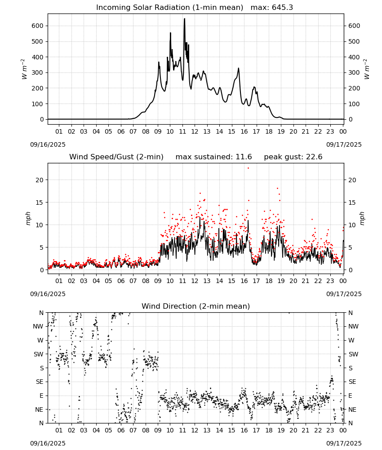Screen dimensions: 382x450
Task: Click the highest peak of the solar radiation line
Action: pyautogui.click(x=185, y=19)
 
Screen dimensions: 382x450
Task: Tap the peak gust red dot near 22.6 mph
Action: pyautogui.click(x=248, y=168)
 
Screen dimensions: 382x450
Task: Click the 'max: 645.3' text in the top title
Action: pyautogui.click(x=272, y=8)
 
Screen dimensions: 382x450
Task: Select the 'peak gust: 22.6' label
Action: pyautogui.click(x=293, y=157)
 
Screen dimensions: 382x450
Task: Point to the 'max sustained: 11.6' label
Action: pyautogui.click(x=213, y=157)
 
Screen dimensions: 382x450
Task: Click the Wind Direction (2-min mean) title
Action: pyautogui.click(x=196, y=306)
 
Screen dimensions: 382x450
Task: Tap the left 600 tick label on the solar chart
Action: pyautogui.click(x=38, y=26)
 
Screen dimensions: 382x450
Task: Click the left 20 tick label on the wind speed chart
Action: pyautogui.click(x=40, y=180)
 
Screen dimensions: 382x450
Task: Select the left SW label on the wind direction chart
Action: pyautogui.click(x=39, y=355)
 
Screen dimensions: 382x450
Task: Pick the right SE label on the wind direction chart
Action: pyautogui.click(x=352, y=382)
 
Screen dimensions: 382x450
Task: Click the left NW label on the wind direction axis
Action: pyautogui.click(x=38, y=327)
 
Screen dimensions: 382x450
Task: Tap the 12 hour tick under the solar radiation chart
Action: pyautogui.click(x=195, y=132)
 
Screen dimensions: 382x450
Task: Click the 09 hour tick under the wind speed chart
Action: pyautogui.click(x=158, y=281)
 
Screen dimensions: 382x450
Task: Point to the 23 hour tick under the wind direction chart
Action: pyautogui.click(x=330, y=431)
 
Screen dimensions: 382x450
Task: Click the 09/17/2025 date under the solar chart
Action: pyautogui.click(x=344, y=144)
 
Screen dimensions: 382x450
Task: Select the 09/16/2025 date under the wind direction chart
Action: pyautogui.click(x=48, y=443)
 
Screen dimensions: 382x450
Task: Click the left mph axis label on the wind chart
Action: pyautogui.click(x=28, y=218)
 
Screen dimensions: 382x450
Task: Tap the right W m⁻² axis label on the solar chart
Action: pyautogui.click(x=367, y=69)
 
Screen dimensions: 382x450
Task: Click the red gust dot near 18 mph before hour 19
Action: pyautogui.click(x=277, y=189)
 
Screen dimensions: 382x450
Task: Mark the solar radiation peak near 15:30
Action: pyautogui.click(x=239, y=68)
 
